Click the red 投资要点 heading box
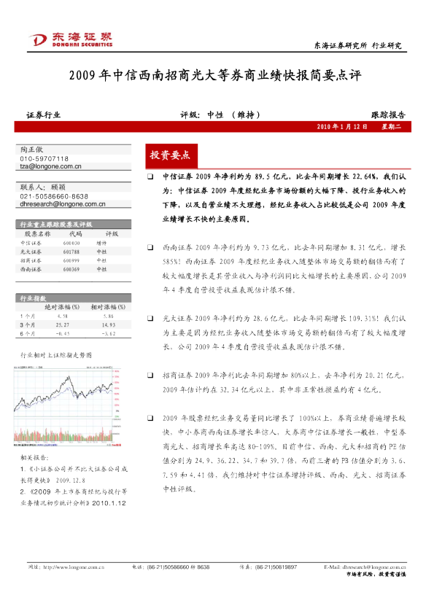pos(169,155)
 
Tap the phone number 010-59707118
pos(44,159)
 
